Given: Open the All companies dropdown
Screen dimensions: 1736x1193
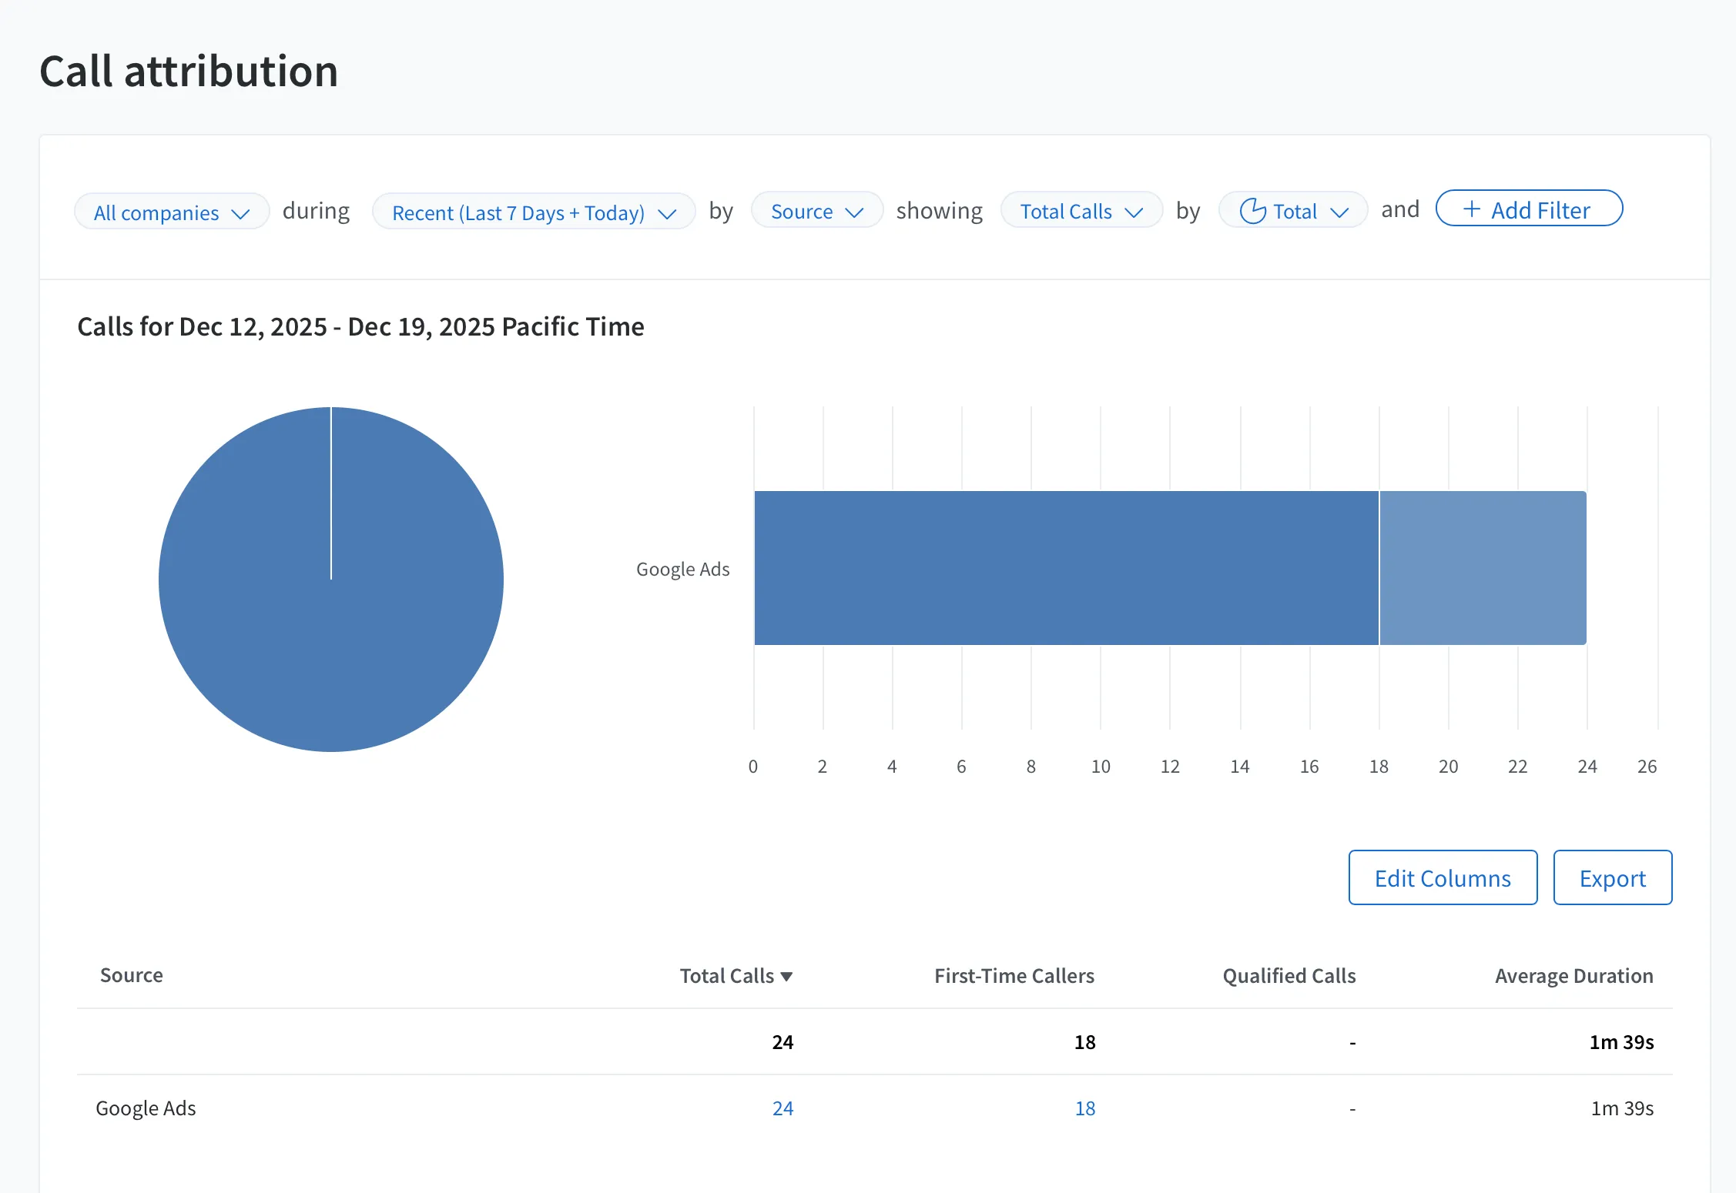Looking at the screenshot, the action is [x=172, y=212].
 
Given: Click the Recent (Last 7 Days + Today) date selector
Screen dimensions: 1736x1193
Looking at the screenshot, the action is [x=534, y=212].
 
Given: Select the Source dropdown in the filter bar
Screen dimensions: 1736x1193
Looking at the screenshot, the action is [x=816, y=210].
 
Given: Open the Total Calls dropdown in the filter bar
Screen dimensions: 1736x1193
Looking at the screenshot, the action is [x=1081, y=210].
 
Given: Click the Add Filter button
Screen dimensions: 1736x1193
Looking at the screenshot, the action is [x=1529, y=209].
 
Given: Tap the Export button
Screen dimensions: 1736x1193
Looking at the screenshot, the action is [x=1613, y=877].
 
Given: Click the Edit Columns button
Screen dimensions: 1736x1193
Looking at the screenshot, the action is [x=1443, y=877].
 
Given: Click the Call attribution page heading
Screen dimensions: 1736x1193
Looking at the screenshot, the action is [x=189, y=71].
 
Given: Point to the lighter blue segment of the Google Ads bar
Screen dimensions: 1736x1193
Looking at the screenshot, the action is [x=1483, y=568].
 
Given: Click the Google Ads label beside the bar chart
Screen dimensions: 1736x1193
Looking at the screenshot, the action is [x=682, y=569].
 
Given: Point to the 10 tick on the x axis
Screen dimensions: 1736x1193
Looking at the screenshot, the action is [x=1101, y=767].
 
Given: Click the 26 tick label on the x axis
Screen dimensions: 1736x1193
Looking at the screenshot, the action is [x=1647, y=767].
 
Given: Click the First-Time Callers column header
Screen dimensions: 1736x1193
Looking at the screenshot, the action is [x=1014, y=975].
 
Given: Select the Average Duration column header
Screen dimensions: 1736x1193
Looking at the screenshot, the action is [x=1574, y=975].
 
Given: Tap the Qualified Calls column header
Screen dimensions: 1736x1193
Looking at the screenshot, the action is [x=1289, y=975].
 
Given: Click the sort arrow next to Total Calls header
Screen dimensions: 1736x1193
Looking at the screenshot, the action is [x=786, y=977].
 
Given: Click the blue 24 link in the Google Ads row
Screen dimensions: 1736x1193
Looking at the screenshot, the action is [x=783, y=1108].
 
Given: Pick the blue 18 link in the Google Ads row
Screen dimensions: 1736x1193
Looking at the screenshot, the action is [x=1085, y=1108].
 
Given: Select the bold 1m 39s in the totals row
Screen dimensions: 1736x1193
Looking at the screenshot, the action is [x=1622, y=1042].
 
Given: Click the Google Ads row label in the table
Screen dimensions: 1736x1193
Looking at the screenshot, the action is [x=146, y=1108].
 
